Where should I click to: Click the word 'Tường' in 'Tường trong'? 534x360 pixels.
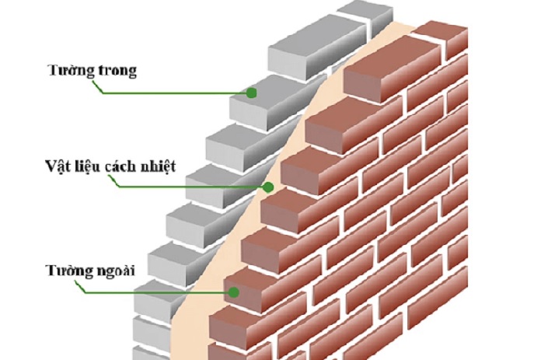coord(71,71)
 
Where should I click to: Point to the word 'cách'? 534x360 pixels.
coord(114,166)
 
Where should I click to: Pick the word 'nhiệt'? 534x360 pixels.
coord(155,166)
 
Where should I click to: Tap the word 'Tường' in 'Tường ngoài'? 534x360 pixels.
coord(69,270)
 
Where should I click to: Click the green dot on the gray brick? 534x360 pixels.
coord(252,93)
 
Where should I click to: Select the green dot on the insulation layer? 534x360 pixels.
coord(268,187)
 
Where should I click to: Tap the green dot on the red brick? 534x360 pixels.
coord(234,292)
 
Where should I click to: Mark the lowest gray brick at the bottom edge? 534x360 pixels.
coord(150,353)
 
